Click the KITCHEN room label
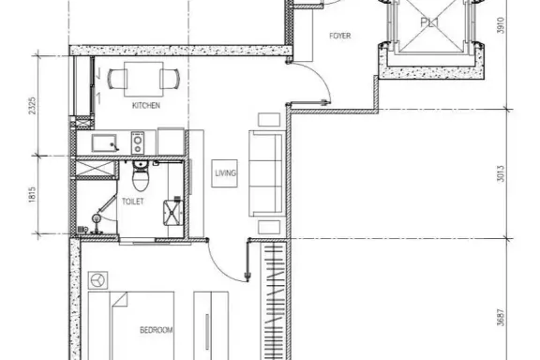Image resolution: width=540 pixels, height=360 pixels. (x=146, y=105)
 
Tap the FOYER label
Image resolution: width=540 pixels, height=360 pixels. (x=340, y=36)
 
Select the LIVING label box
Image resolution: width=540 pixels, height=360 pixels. (x=225, y=173)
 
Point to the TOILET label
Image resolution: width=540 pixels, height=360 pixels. (x=132, y=202)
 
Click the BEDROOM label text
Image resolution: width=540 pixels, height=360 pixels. (x=156, y=330)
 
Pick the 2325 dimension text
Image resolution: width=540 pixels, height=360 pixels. (x=32, y=106)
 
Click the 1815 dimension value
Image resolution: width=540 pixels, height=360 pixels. (x=32, y=195)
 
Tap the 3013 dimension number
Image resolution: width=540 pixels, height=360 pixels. (x=501, y=173)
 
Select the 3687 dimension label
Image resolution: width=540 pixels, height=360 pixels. (x=501, y=317)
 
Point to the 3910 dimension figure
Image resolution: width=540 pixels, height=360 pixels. (x=501, y=25)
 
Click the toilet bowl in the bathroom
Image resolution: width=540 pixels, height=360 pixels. (x=141, y=176)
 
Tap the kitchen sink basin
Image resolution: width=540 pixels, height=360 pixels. (x=104, y=143)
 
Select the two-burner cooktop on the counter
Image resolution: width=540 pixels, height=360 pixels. (x=138, y=142)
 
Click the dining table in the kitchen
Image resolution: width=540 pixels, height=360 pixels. (x=143, y=80)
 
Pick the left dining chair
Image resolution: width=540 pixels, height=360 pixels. (x=117, y=80)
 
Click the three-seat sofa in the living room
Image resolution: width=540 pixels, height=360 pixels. (x=267, y=173)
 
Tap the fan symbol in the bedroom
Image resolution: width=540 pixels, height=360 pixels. (x=98, y=280)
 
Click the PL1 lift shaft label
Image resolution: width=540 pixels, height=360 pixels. (x=429, y=22)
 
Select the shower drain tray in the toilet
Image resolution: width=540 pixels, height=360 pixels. (x=172, y=213)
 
